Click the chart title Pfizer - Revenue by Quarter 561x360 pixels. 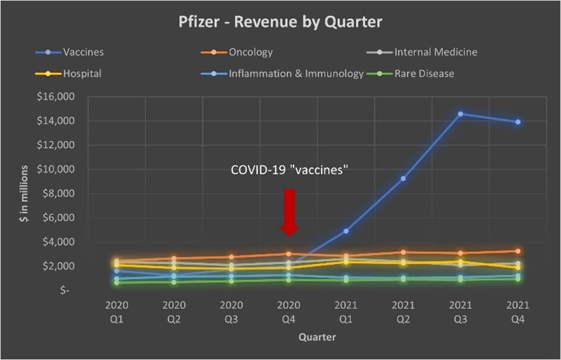pos(281,22)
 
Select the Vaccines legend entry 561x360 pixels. pos(84,52)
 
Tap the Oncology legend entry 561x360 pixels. pos(251,52)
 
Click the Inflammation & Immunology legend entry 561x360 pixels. pos(295,72)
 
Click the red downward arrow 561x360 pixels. pos(289,212)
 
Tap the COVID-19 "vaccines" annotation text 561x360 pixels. pos(291,171)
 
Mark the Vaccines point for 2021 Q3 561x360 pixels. pos(460,114)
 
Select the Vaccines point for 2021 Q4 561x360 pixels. pos(517,122)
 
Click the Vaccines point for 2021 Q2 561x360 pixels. pos(403,178)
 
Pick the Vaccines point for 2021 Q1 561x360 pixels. pos(346,231)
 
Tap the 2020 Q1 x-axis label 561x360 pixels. pos(117,312)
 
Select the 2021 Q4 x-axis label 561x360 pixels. pos(517,312)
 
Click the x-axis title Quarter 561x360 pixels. pos(317,337)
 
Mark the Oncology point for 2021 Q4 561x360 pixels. pos(517,251)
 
